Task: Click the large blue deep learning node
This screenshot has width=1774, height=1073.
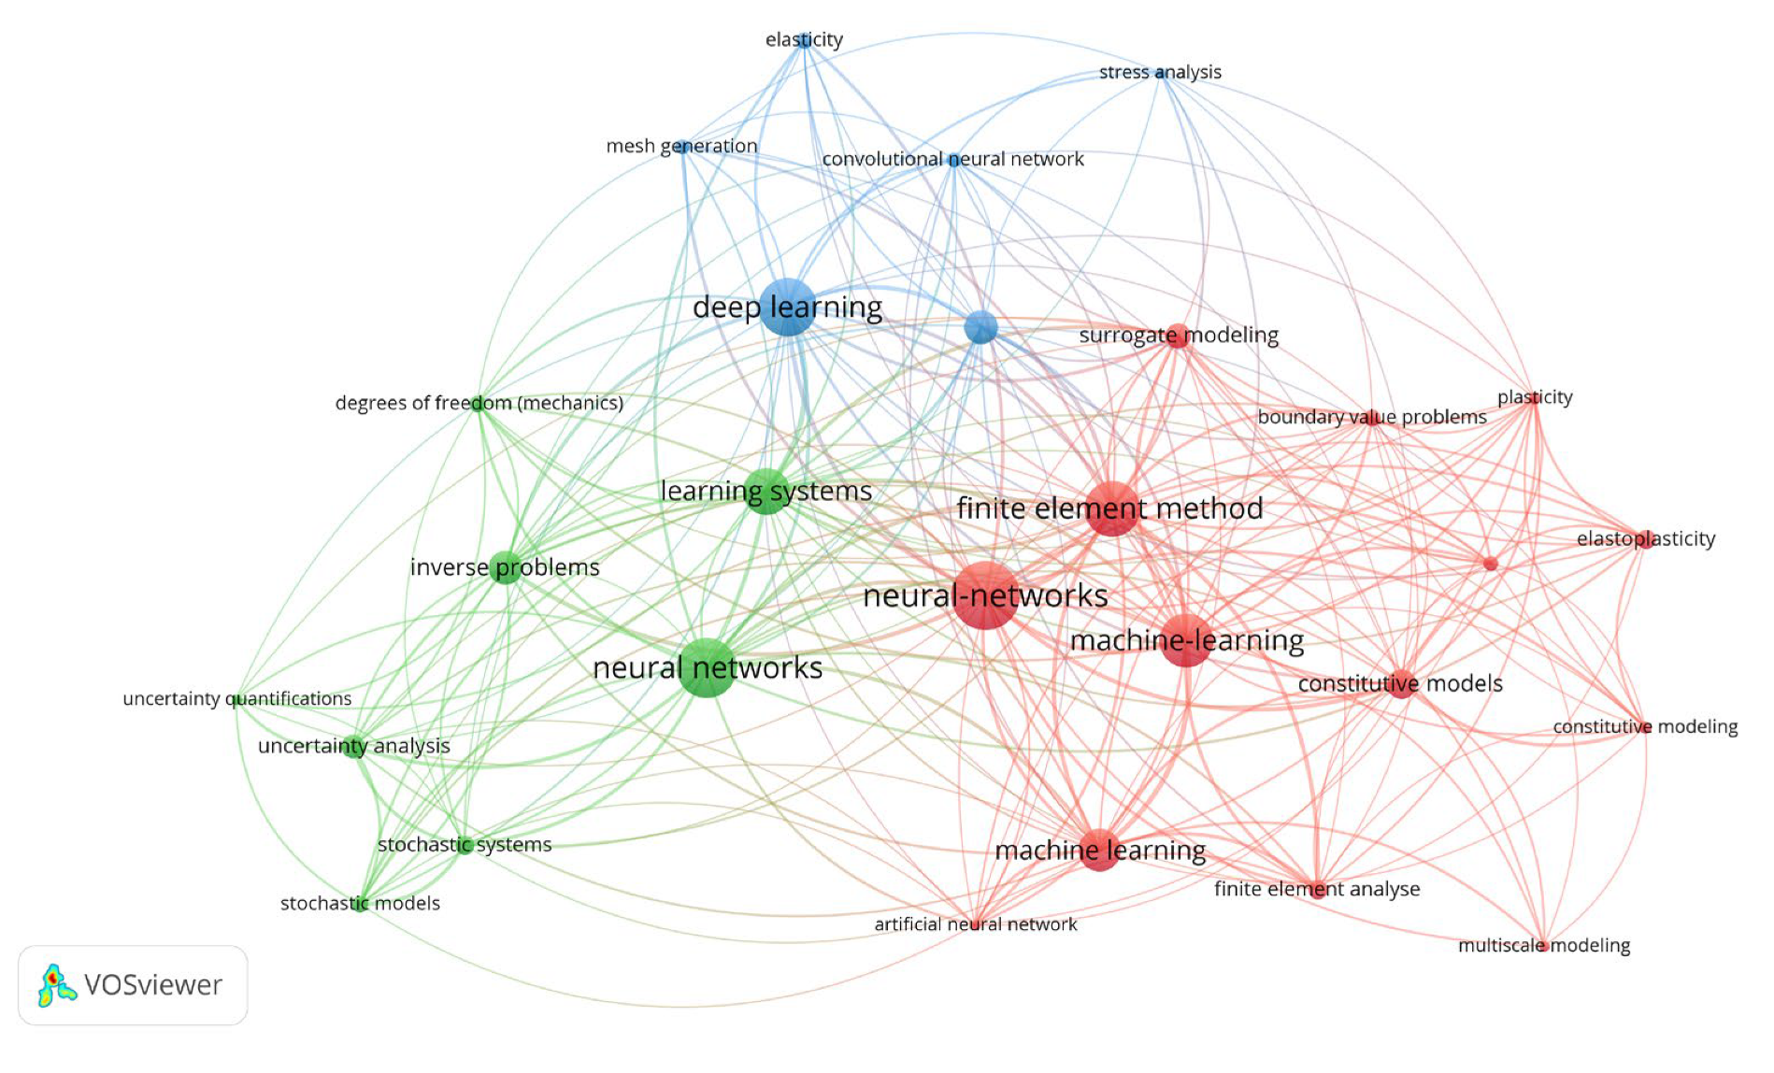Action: click(x=787, y=307)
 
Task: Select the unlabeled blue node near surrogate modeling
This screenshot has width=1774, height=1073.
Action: click(x=980, y=327)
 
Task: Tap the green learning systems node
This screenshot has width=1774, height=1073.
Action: click(x=766, y=491)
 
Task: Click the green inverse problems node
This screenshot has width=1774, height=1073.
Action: click(x=506, y=566)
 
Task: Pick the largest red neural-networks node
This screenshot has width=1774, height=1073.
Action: click(x=986, y=595)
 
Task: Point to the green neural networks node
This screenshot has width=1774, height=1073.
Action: click(x=708, y=667)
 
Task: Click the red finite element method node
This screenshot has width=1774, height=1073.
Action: click(x=1112, y=508)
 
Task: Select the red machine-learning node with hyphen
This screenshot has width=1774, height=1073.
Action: click(x=1186, y=640)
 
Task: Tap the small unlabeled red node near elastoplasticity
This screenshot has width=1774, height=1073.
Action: click(x=1490, y=564)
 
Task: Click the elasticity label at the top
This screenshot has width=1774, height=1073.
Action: click(x=804, y=39)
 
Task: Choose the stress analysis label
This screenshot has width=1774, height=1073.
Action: click(x=1160, y=72)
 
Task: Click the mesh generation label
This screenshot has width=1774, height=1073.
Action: click(x=681, y=146)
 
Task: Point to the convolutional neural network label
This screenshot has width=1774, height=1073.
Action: click(x=952, y=159)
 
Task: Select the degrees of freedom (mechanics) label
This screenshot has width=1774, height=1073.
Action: click(x=479, y=403)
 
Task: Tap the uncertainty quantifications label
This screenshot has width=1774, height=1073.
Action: click(x=237, y=698)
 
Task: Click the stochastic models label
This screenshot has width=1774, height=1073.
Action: click(x=360, y=903)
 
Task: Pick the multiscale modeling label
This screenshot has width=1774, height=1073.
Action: click(x=1543, y=945)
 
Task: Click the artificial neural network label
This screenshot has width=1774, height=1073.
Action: click(x=975, y=924)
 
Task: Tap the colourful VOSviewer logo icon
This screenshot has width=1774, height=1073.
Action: click(x=56, y=985)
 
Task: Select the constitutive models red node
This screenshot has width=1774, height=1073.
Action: click(x=1400, y=683)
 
